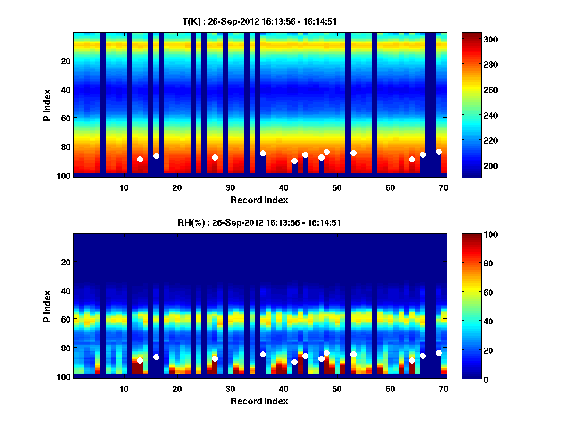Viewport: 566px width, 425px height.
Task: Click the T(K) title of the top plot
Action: coord(259,22)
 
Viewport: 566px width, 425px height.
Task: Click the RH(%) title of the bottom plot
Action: coord(259,223)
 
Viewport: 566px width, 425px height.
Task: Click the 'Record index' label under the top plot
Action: coord(259,200)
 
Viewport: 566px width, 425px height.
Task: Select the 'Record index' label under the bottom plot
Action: coord(259,401)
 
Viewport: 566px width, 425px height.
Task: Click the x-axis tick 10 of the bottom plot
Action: coord(124,389)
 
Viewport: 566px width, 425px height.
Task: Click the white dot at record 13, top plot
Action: coord(140,160)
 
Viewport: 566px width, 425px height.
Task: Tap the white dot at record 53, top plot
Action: coord(353,153)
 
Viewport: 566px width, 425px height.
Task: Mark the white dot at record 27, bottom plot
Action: coord(215,359)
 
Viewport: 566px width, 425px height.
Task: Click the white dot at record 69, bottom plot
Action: coord(439,353)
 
